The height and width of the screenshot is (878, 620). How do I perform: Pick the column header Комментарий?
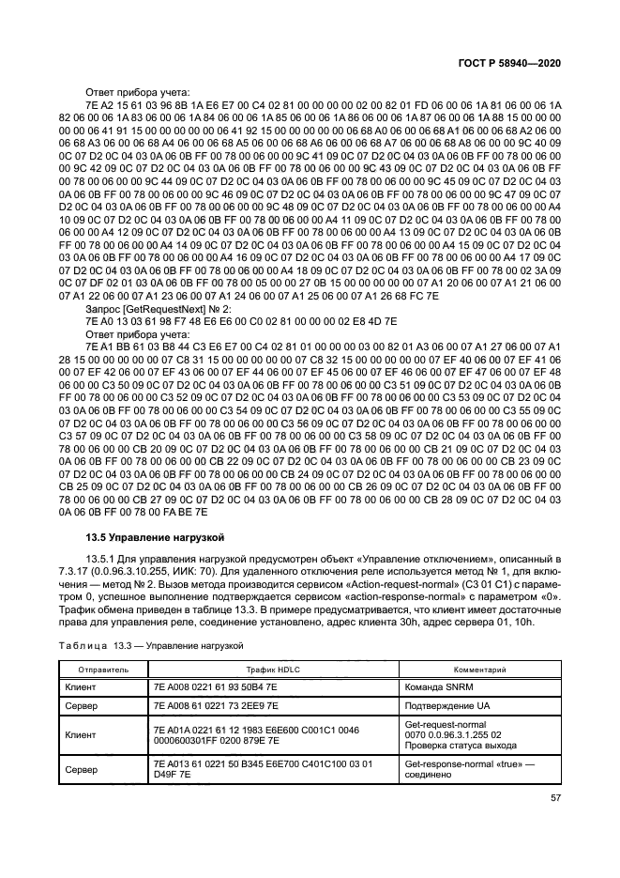pyautogui.click(x=480, y=670)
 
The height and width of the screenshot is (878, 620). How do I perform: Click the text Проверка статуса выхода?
pyautogui.click(x=460, y=746)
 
